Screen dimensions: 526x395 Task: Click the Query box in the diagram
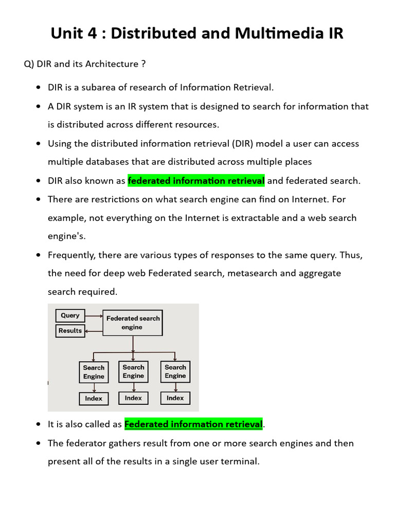(x=70, y=315)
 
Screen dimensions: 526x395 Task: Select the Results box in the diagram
(x=70, y=330)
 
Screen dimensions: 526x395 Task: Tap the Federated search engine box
(x=133, y=323)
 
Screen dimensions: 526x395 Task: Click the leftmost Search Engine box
(x=94, y=372)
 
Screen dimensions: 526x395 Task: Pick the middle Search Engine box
(x=133, y=371)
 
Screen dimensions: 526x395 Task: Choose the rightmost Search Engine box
(x=175, y=371)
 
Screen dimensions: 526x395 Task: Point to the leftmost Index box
(x=94, y=398)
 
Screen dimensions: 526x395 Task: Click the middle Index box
(x=133, y=398)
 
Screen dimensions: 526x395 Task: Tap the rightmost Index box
(x=175, y=398)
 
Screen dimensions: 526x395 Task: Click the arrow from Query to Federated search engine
(x=94, y=315)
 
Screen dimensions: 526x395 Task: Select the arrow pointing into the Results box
(x=93, y=331)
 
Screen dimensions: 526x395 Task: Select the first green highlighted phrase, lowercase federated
(x=196, y=180)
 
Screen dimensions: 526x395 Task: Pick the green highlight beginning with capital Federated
(x=193, y=424)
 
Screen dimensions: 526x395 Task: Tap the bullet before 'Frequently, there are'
(x=39, y=255)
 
